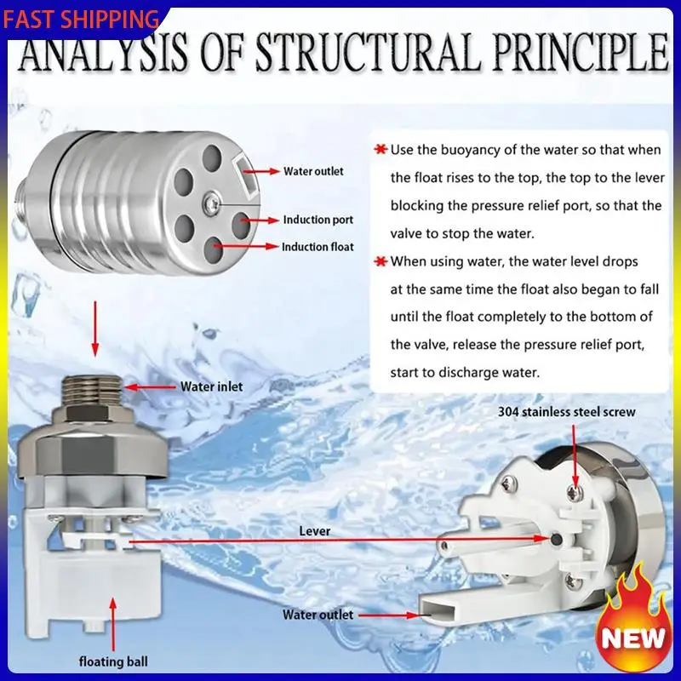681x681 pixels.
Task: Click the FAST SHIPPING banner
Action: pyautogui.click(x=81, y=19)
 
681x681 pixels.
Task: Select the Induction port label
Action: pyautogui.click(x=318, y=220)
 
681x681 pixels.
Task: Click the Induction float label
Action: pyautogui.click(x=318, y=247)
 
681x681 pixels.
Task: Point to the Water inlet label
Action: pyautogui.click(x=211, y=386)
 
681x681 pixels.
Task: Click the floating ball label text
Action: pyautogui.click(x=113, y=661)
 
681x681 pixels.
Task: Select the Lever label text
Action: pyautogui.click(x=315, y=530)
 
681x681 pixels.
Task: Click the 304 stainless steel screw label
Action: pyautogui.click(x=566, y=412)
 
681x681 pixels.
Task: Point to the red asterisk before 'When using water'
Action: pyautogui.click(x=381, y=261)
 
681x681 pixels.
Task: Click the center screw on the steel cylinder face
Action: pyautogui.click(x=210, y=201)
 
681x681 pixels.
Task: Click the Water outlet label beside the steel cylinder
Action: pyautogui.click(x=313, y=171)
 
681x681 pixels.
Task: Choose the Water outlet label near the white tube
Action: pyautogui.click(x=318, y=614)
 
